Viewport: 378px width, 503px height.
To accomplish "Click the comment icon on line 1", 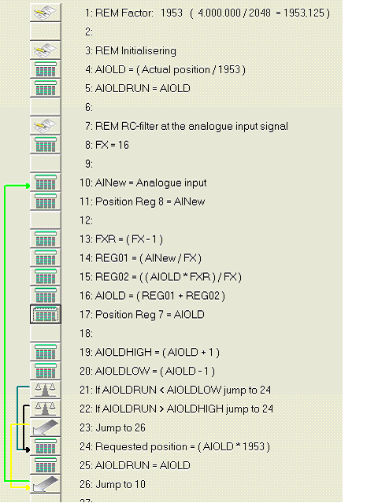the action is pyautogui.click(x=45, y=13).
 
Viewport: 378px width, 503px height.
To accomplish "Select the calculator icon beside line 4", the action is pyautogui.click(x=45, y=69).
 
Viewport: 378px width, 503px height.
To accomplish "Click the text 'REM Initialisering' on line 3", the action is pyautogui.click(x=135, y=50).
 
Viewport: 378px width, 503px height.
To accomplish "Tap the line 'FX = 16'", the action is pyautogui.click(x=112, y=145).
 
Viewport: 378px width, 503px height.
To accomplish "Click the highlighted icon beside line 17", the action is pyautogui.click(x=45, y=314).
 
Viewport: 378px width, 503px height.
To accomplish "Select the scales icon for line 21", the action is pyautogui.click(x=45, y=390).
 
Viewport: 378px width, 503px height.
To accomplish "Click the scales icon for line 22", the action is pyautogui.click(x=45, y=409).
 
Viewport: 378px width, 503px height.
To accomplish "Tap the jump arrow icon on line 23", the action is pyautogui.click(x=45, y=427).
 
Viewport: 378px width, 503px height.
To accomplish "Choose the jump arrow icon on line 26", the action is pyautogui.click(x=45, y=484).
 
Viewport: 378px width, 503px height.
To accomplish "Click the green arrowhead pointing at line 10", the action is pyautogui.click(x=28, y=186).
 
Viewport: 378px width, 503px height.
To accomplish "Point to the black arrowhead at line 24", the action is pyautogui.click(x=28, y=450).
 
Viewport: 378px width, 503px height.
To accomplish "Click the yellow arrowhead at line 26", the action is pyautogui.click(x=28, y=487).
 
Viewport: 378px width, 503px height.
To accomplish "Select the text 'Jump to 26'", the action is pyautogui.click(x=120, y=427).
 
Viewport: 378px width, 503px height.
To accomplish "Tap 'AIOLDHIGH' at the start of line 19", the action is pyautogui.click(x=124, y=352).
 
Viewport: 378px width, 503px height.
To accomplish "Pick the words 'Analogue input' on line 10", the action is pyautogui.click(x=172, y=183).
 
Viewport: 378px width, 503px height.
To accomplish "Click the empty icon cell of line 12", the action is pyautogui.click(x=45, y=220).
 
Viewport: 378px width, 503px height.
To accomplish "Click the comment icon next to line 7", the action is pyautogui.click(x=45, y=126).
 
